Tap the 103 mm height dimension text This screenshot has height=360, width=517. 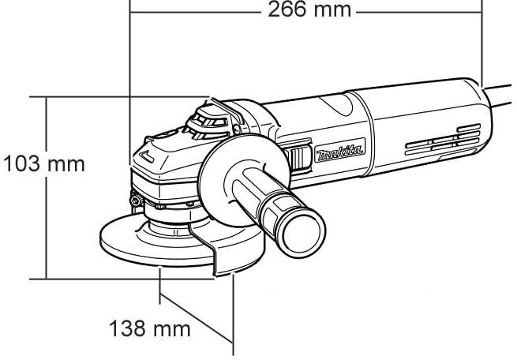43,167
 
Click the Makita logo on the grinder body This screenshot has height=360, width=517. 339,153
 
